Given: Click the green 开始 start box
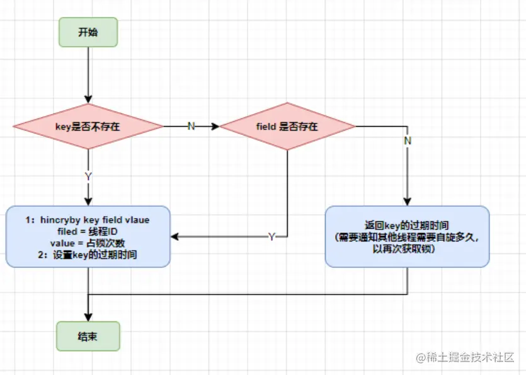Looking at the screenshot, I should click(88, 32).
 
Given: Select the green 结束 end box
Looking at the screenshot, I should click(88, 335).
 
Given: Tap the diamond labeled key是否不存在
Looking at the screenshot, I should click(88, 127).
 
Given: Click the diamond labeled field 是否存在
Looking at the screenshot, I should click(287, 127).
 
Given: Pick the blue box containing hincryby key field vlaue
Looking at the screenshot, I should click(88, 237).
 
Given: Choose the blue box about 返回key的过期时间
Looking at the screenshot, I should click(407, 236).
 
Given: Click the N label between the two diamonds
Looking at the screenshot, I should click(192, 127).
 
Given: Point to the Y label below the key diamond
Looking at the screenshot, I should click(88, 176).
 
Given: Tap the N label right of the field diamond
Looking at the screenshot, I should click(408, 141).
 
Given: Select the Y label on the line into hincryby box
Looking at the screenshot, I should click(272, 237).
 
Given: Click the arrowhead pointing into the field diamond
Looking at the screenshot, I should click(215, 127).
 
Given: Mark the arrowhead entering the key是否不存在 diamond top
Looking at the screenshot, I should click(88, 99).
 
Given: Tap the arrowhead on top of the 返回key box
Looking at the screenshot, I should click(408, 201).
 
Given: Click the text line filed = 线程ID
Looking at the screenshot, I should click(88, 231).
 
